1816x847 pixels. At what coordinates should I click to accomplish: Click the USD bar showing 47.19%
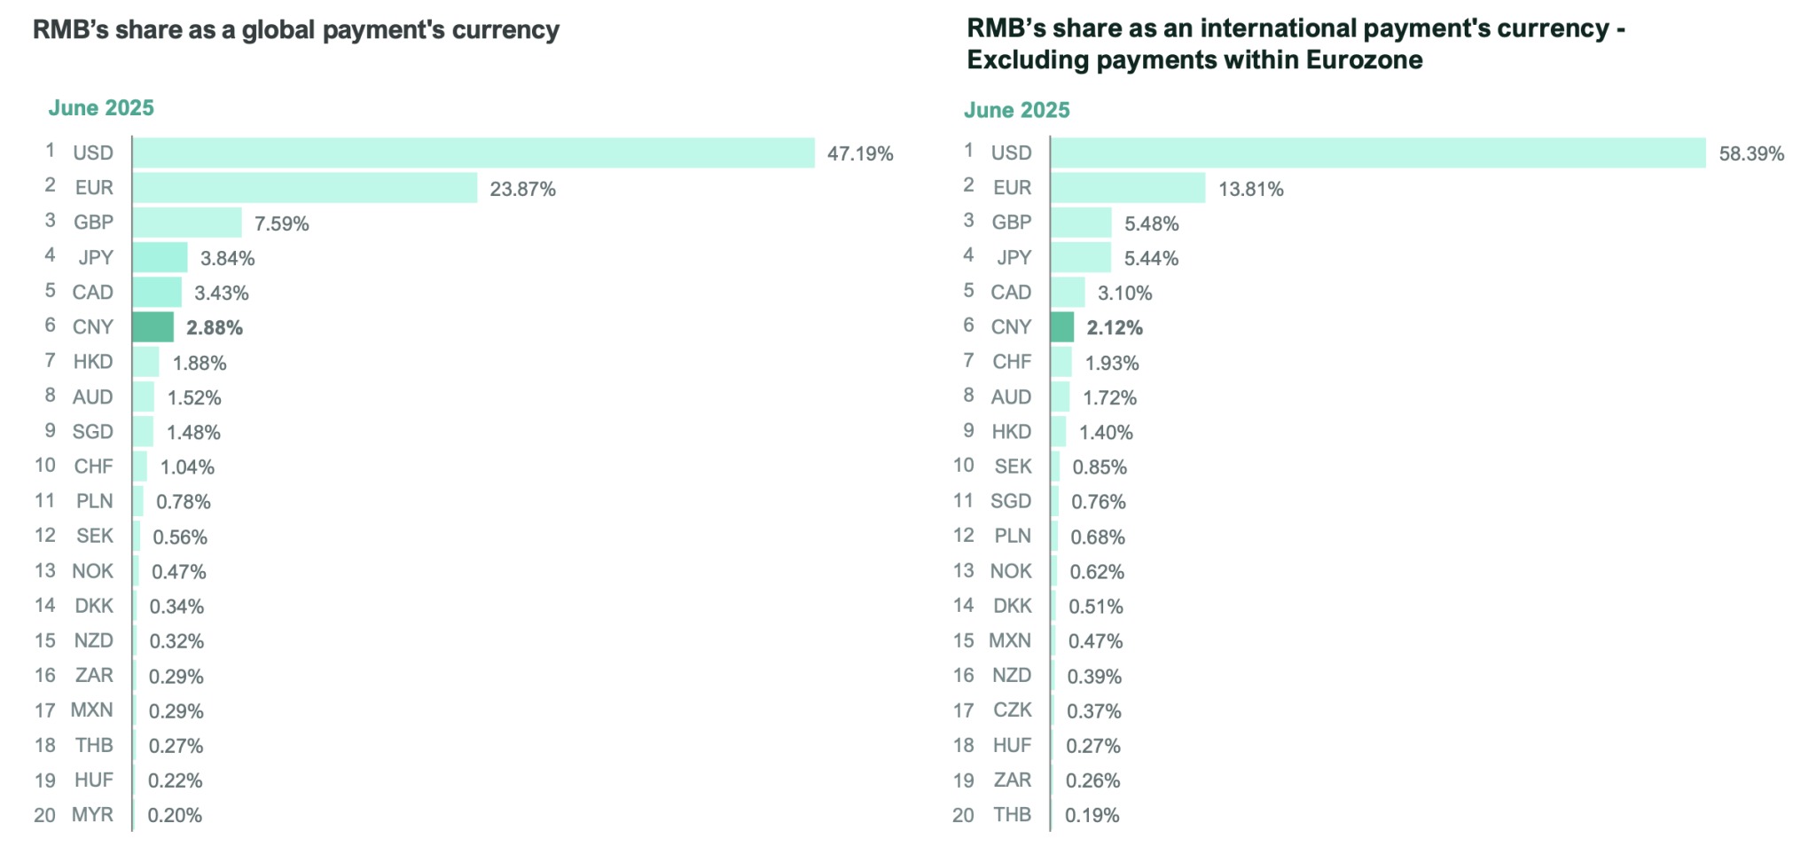tap(474, 153)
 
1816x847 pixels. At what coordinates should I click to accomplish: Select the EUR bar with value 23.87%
tap(305, 188)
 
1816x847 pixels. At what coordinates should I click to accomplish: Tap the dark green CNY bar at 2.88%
tap(153, 327)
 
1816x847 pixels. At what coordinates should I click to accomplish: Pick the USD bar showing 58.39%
tap(1379, 153)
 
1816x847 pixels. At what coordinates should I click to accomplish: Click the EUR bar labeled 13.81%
tap(1129, 188)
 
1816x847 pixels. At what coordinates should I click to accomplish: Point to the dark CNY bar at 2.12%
tap(1062, 327)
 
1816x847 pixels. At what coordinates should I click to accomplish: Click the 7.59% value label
tap(282, 224)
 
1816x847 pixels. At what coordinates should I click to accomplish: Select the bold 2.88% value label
tap(215, 328)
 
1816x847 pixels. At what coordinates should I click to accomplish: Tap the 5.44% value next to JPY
tap(1151, 258)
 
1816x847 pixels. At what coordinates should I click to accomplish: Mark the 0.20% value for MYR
tap(175, 815)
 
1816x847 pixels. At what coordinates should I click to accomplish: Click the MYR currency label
tap(92, 814)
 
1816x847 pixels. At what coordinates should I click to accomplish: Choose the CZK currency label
tap(1012, 710)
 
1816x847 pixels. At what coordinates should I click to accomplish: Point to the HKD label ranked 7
tap(93, 361)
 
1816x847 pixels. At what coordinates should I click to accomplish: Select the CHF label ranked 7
tap(1012, 361)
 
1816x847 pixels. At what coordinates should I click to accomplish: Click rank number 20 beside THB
tap(963, 815)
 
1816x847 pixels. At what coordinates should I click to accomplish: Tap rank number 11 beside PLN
tap(45, 501)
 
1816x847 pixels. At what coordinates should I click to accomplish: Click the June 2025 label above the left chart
tap(101, 108)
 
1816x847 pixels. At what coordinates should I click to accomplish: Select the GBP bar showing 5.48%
tap(1081, 223)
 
